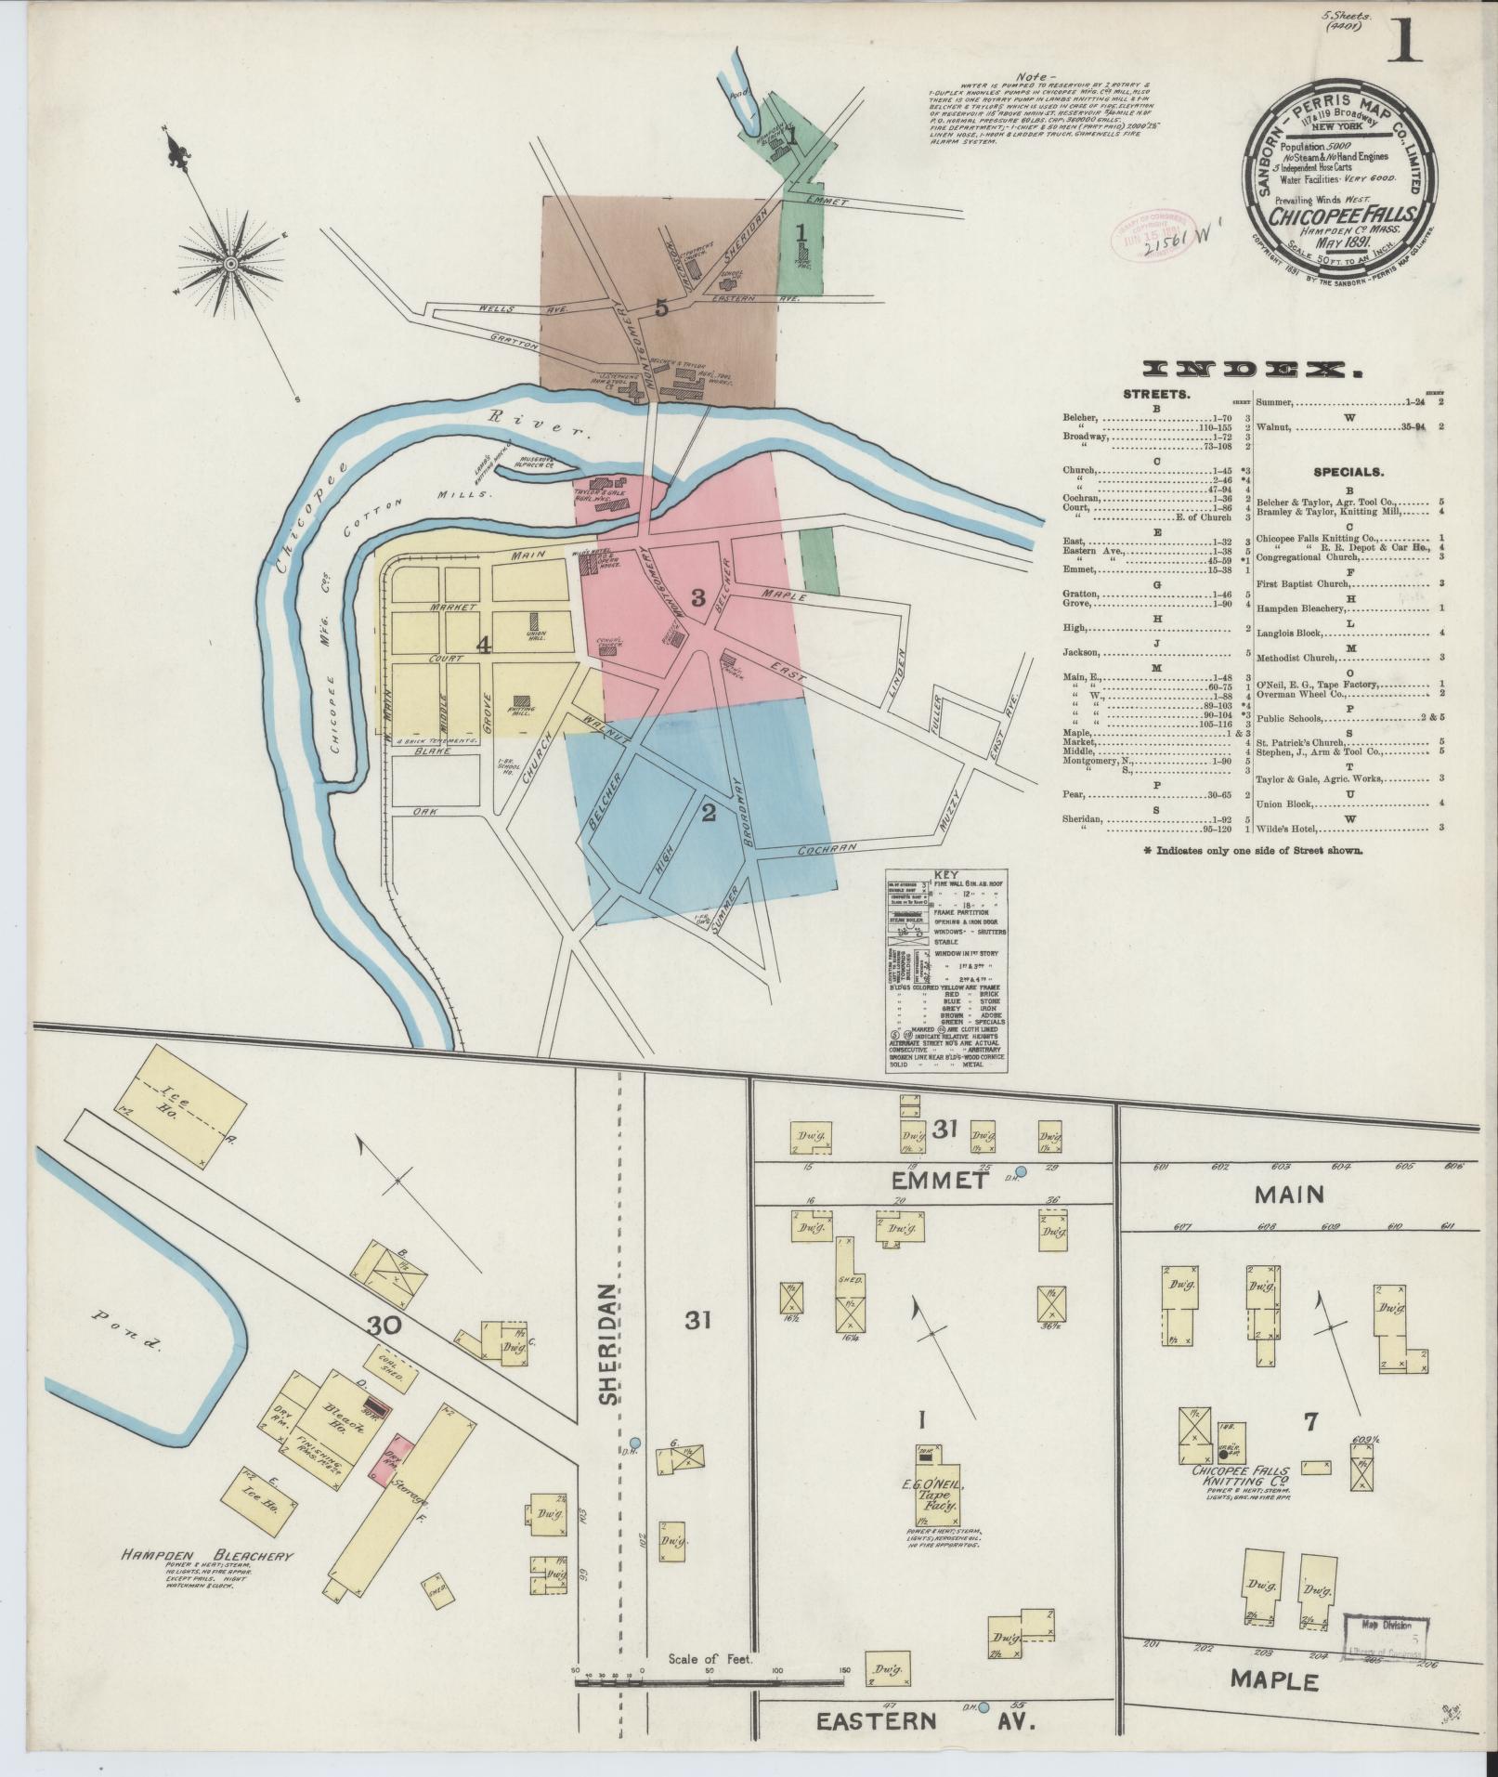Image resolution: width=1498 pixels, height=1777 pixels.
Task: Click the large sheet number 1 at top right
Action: pyautogui.click(x=1405, y=41)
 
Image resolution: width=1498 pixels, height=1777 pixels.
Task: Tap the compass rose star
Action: pyautogui.click(x=229, y=266)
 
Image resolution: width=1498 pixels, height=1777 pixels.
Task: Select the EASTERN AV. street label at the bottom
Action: pyautogui.click(x=923, y=1720)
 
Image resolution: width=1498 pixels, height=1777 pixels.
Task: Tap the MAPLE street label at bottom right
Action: pyautogui.click(x=1274, y=1679)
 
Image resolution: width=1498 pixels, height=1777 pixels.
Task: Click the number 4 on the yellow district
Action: pyautogui.click(x=483, y=647)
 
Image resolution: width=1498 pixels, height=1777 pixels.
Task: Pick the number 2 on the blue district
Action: pyautogui.click(x=709, y=814)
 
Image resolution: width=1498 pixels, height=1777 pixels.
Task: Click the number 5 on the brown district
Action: pyautogui.click(x=660, y=307)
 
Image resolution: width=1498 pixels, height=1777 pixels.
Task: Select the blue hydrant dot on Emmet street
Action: pyautogui.click(x=1021, y=1172)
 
